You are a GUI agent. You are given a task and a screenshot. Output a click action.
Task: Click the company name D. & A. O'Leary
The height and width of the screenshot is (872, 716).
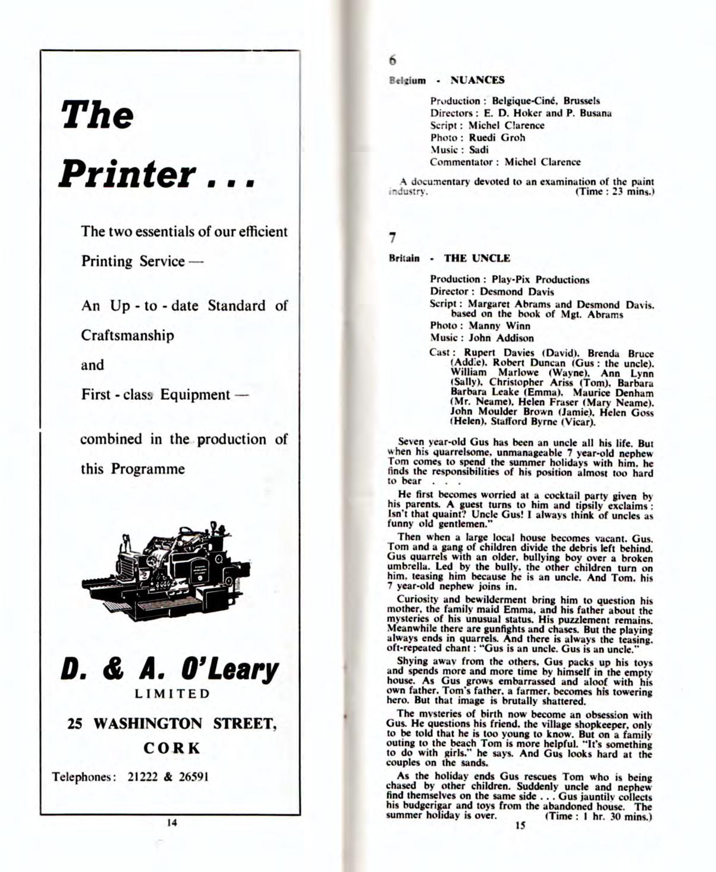[169, 669]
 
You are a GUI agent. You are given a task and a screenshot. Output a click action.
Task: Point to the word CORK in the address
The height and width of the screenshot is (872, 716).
[172, 748]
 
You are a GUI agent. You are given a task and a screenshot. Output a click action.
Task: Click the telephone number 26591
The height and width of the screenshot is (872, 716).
[194, 777]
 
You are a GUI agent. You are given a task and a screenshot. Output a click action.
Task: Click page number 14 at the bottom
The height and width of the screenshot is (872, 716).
[172, 823]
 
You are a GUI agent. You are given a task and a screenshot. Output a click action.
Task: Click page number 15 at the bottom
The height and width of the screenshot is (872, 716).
[520, 826]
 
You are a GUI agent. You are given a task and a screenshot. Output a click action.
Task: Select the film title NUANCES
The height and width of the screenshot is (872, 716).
[478, 80]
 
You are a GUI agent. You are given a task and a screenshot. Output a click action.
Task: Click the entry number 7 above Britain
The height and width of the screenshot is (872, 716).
[392, 238]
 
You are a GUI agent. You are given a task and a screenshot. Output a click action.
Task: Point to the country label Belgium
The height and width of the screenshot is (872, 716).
[407, 81]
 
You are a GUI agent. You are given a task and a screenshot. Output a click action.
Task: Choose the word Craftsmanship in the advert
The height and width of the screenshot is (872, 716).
[128, 336]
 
